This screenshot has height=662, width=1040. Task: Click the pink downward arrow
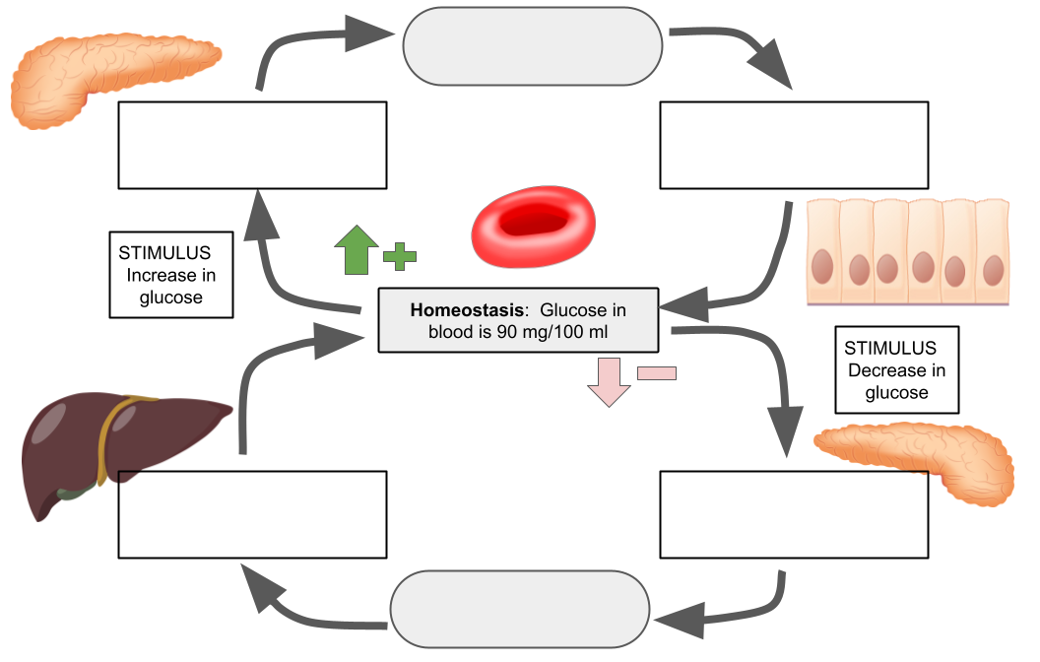click(609, 383)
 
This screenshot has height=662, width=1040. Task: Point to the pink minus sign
click(657, 372)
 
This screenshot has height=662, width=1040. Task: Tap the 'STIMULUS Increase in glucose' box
click(171, 275)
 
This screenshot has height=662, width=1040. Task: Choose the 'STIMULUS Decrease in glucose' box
click(895, 369)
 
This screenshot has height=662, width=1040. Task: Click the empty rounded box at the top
click(533, 45)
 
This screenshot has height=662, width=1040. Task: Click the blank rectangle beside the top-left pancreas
click(252, 145)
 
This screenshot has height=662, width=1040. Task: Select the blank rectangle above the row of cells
click(794, 145)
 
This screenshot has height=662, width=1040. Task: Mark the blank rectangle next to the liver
click(252, 514)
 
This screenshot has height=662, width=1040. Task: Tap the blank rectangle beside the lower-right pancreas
click(794, 514)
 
